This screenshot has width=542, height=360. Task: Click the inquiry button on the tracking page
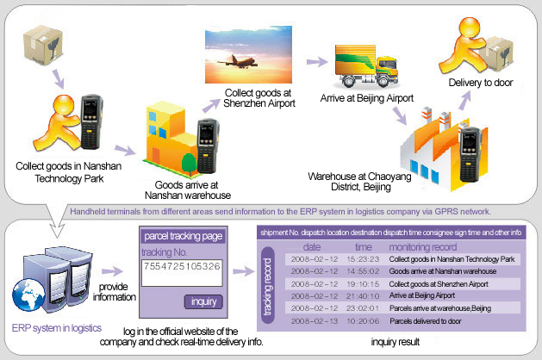coord(204,301)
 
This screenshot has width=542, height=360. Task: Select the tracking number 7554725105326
coord(183,266)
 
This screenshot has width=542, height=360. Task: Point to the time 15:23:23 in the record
coord(364,258)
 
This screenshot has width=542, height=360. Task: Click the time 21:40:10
coord(364,295)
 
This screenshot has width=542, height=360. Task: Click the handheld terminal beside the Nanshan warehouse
coord(207,139)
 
